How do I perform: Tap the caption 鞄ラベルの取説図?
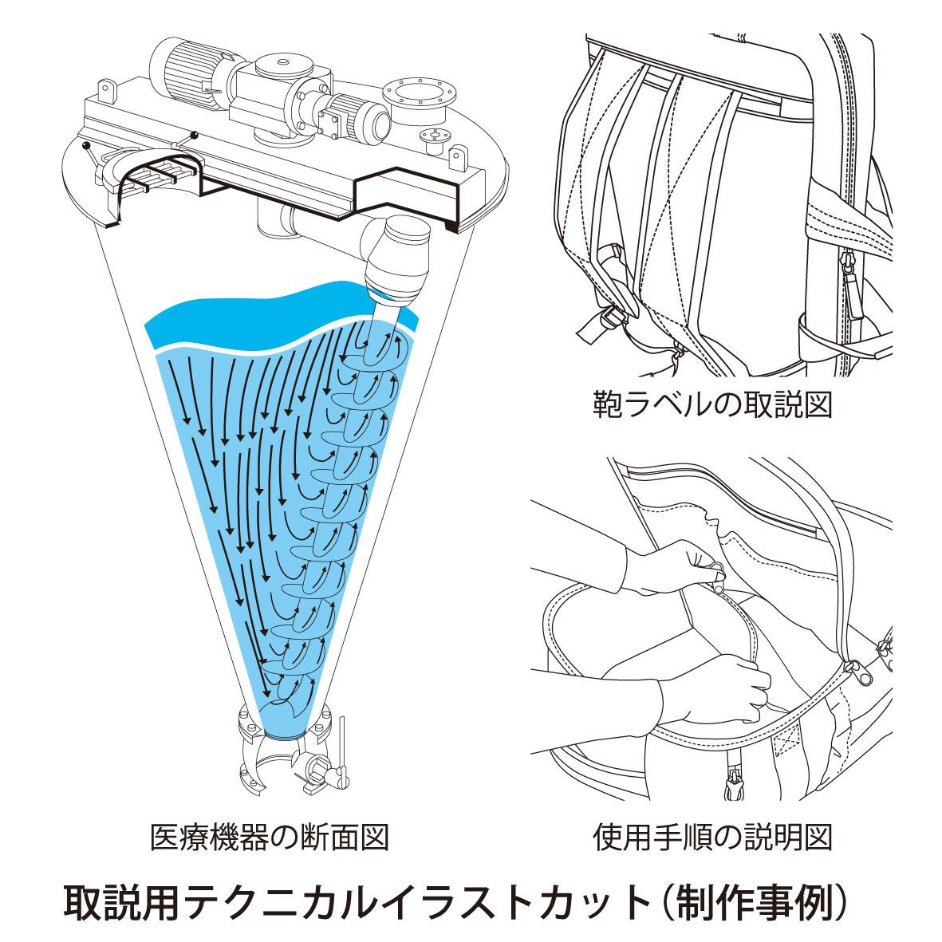click(x=712, y=404)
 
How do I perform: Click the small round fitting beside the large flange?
click(x=436, y=138)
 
